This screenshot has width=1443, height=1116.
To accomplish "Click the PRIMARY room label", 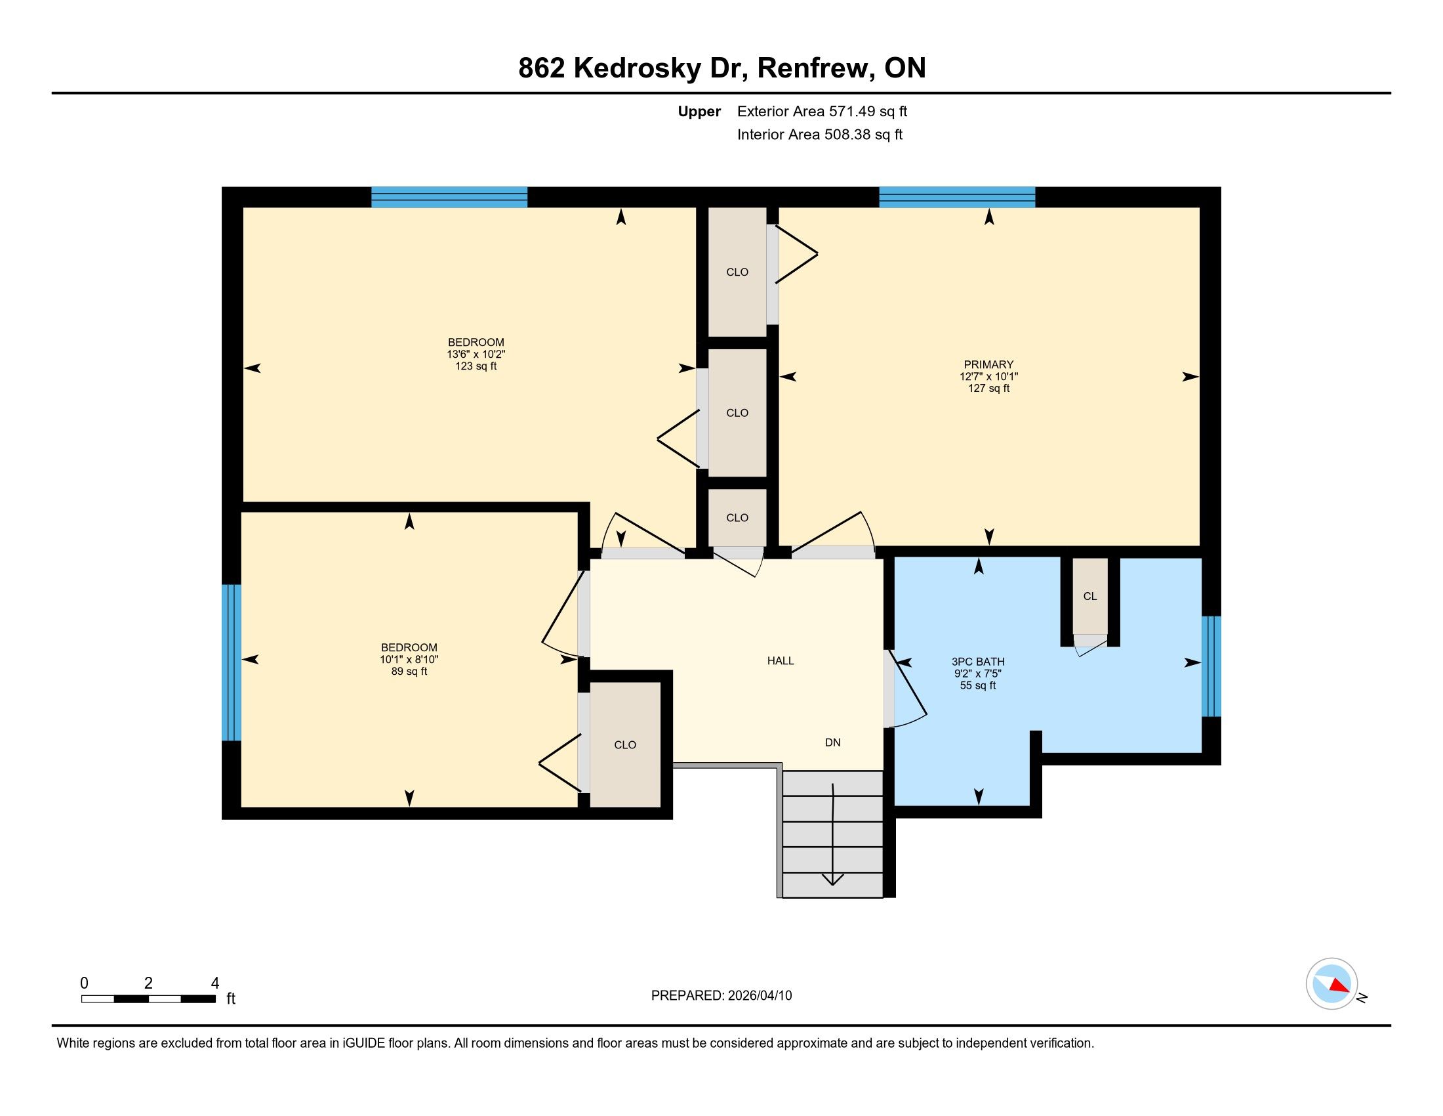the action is [x=988, y=364].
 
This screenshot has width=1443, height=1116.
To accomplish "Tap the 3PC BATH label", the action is [x=978, y=661].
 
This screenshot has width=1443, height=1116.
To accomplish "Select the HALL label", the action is [x=781, y=660].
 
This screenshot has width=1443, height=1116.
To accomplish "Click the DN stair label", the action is [x=832, y=742].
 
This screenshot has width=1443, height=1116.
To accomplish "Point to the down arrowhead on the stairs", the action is [x=832, y=879].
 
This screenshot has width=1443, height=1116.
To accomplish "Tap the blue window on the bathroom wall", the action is [x=1211, y=666].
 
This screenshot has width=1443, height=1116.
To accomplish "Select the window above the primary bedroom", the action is [x=957, y=197].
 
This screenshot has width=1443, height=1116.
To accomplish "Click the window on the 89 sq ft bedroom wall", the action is [x=232, y=662].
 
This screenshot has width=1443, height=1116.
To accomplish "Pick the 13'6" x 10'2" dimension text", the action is [x=476, y=354].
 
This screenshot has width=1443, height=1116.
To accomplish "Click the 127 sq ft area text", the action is [x=988, y=388].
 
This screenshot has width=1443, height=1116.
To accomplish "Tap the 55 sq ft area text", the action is [x=978, y=685].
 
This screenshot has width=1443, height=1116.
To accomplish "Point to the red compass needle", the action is [x=1339, y=985].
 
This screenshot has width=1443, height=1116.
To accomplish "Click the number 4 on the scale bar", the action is [x=214, y=983].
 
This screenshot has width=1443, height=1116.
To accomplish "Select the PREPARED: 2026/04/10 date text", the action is [x=721, y=996].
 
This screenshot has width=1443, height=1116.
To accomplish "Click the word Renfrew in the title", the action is [x=812, y=68].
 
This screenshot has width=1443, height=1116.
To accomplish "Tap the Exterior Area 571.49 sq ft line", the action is [x=823, y=111].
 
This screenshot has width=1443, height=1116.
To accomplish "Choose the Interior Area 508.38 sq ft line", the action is [x=820, y=134].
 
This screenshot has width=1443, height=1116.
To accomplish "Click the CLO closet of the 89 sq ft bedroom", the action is [x=625, y=744].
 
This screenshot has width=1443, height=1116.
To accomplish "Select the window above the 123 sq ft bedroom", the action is [x=449, y=197].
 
